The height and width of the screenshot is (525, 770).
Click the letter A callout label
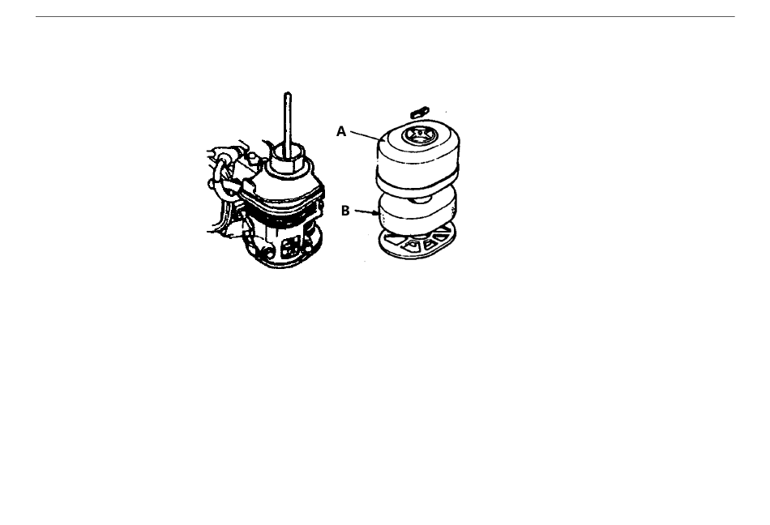(x=341, y=131)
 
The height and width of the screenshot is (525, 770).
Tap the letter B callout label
(x=345, y=211)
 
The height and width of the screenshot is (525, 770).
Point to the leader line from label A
(x=366, y=135)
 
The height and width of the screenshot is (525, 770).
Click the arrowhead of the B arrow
(x=375, y=213)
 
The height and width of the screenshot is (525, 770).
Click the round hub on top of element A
(x=416, y=134)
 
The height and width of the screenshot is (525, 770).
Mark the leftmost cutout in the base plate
(x=393, y=240)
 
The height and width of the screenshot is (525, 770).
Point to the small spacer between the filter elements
(x=421, y=199)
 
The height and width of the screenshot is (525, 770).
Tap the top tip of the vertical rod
(x=289, y=92)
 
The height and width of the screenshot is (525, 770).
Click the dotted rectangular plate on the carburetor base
(x=290, y=247)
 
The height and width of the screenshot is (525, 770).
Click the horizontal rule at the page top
(x=385, y=17)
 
